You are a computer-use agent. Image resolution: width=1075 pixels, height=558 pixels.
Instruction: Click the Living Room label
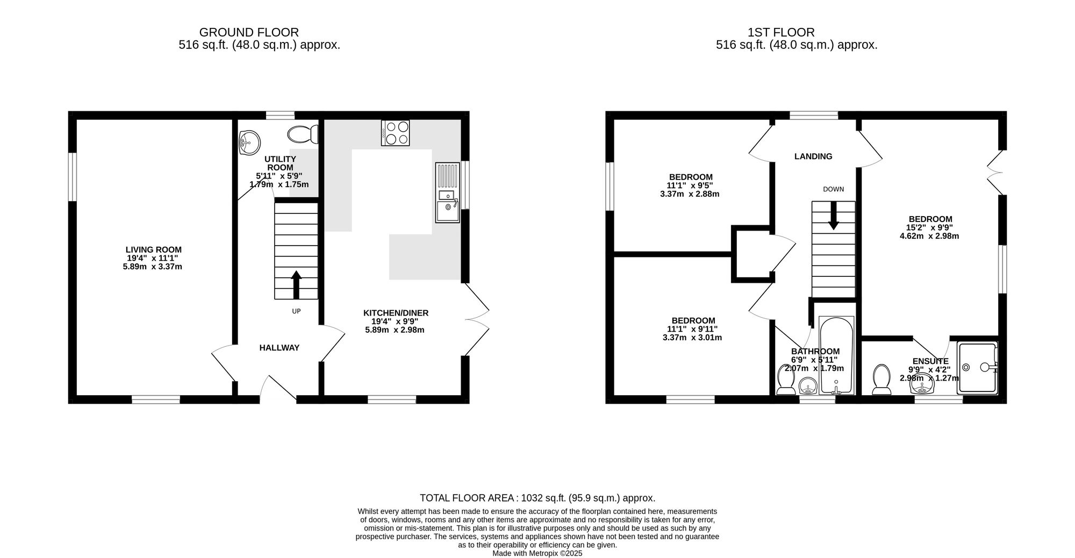point(154,249)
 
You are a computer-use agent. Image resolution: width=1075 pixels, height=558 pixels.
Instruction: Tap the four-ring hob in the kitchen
point(395,133)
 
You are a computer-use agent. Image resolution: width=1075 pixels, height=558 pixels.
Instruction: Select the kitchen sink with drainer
point(447,192)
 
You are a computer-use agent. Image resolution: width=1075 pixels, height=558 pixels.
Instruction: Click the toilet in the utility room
point(303,134)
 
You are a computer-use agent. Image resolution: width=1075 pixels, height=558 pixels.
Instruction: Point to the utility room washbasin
point(249,142)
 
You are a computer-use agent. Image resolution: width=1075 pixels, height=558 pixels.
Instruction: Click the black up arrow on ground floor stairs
point(296,284)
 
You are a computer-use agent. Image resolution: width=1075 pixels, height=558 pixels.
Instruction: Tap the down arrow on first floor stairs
point(833,216)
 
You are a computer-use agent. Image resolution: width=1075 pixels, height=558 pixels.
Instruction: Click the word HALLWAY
point(279,348)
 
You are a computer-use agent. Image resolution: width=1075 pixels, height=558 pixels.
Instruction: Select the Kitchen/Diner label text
point(396,313)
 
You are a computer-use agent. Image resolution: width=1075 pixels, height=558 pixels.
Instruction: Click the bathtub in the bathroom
point(836,355)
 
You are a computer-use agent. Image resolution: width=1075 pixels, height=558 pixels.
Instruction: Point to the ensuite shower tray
point(977,367)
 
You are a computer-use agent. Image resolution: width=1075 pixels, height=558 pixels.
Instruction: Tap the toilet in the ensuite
point(881,379)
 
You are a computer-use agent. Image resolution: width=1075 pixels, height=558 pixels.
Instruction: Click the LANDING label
point(813,156)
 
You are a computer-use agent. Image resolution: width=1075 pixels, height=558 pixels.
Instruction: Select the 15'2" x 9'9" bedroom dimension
point(929,227)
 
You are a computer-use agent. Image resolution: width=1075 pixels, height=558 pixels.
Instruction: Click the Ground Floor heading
point(249,32)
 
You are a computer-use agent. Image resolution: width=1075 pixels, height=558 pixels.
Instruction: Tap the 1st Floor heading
point(780,32)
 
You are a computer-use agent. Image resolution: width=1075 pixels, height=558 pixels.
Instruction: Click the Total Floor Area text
point(537,498)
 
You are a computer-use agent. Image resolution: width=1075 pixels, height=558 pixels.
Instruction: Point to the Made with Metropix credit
point(537,553)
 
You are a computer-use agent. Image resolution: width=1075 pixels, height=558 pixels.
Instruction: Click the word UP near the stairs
point(296,311)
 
